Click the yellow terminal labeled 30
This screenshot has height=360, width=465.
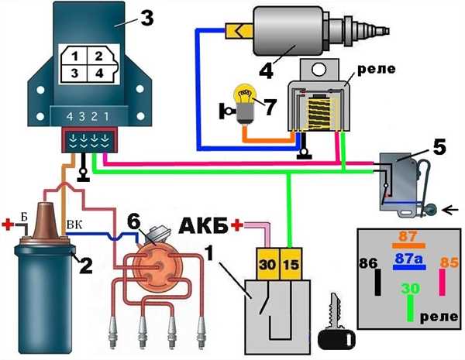268,264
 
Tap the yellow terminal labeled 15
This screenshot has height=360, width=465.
291,264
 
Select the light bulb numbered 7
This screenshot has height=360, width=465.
246,105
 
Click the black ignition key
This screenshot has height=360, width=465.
336,322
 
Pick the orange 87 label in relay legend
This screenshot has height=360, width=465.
408,236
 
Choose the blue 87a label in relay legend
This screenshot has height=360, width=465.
408,259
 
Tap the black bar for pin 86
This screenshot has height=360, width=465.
377,282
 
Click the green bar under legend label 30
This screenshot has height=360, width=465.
411,308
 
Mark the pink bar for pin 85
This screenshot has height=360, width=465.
442,282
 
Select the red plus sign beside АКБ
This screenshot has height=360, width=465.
237,225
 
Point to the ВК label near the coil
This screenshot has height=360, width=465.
75,225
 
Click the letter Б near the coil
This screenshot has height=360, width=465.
24,217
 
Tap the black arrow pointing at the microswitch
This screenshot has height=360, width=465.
450,210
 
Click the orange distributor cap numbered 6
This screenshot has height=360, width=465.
157,266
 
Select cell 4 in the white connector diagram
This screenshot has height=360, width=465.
100,74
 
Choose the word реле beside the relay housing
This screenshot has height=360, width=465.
377,69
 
